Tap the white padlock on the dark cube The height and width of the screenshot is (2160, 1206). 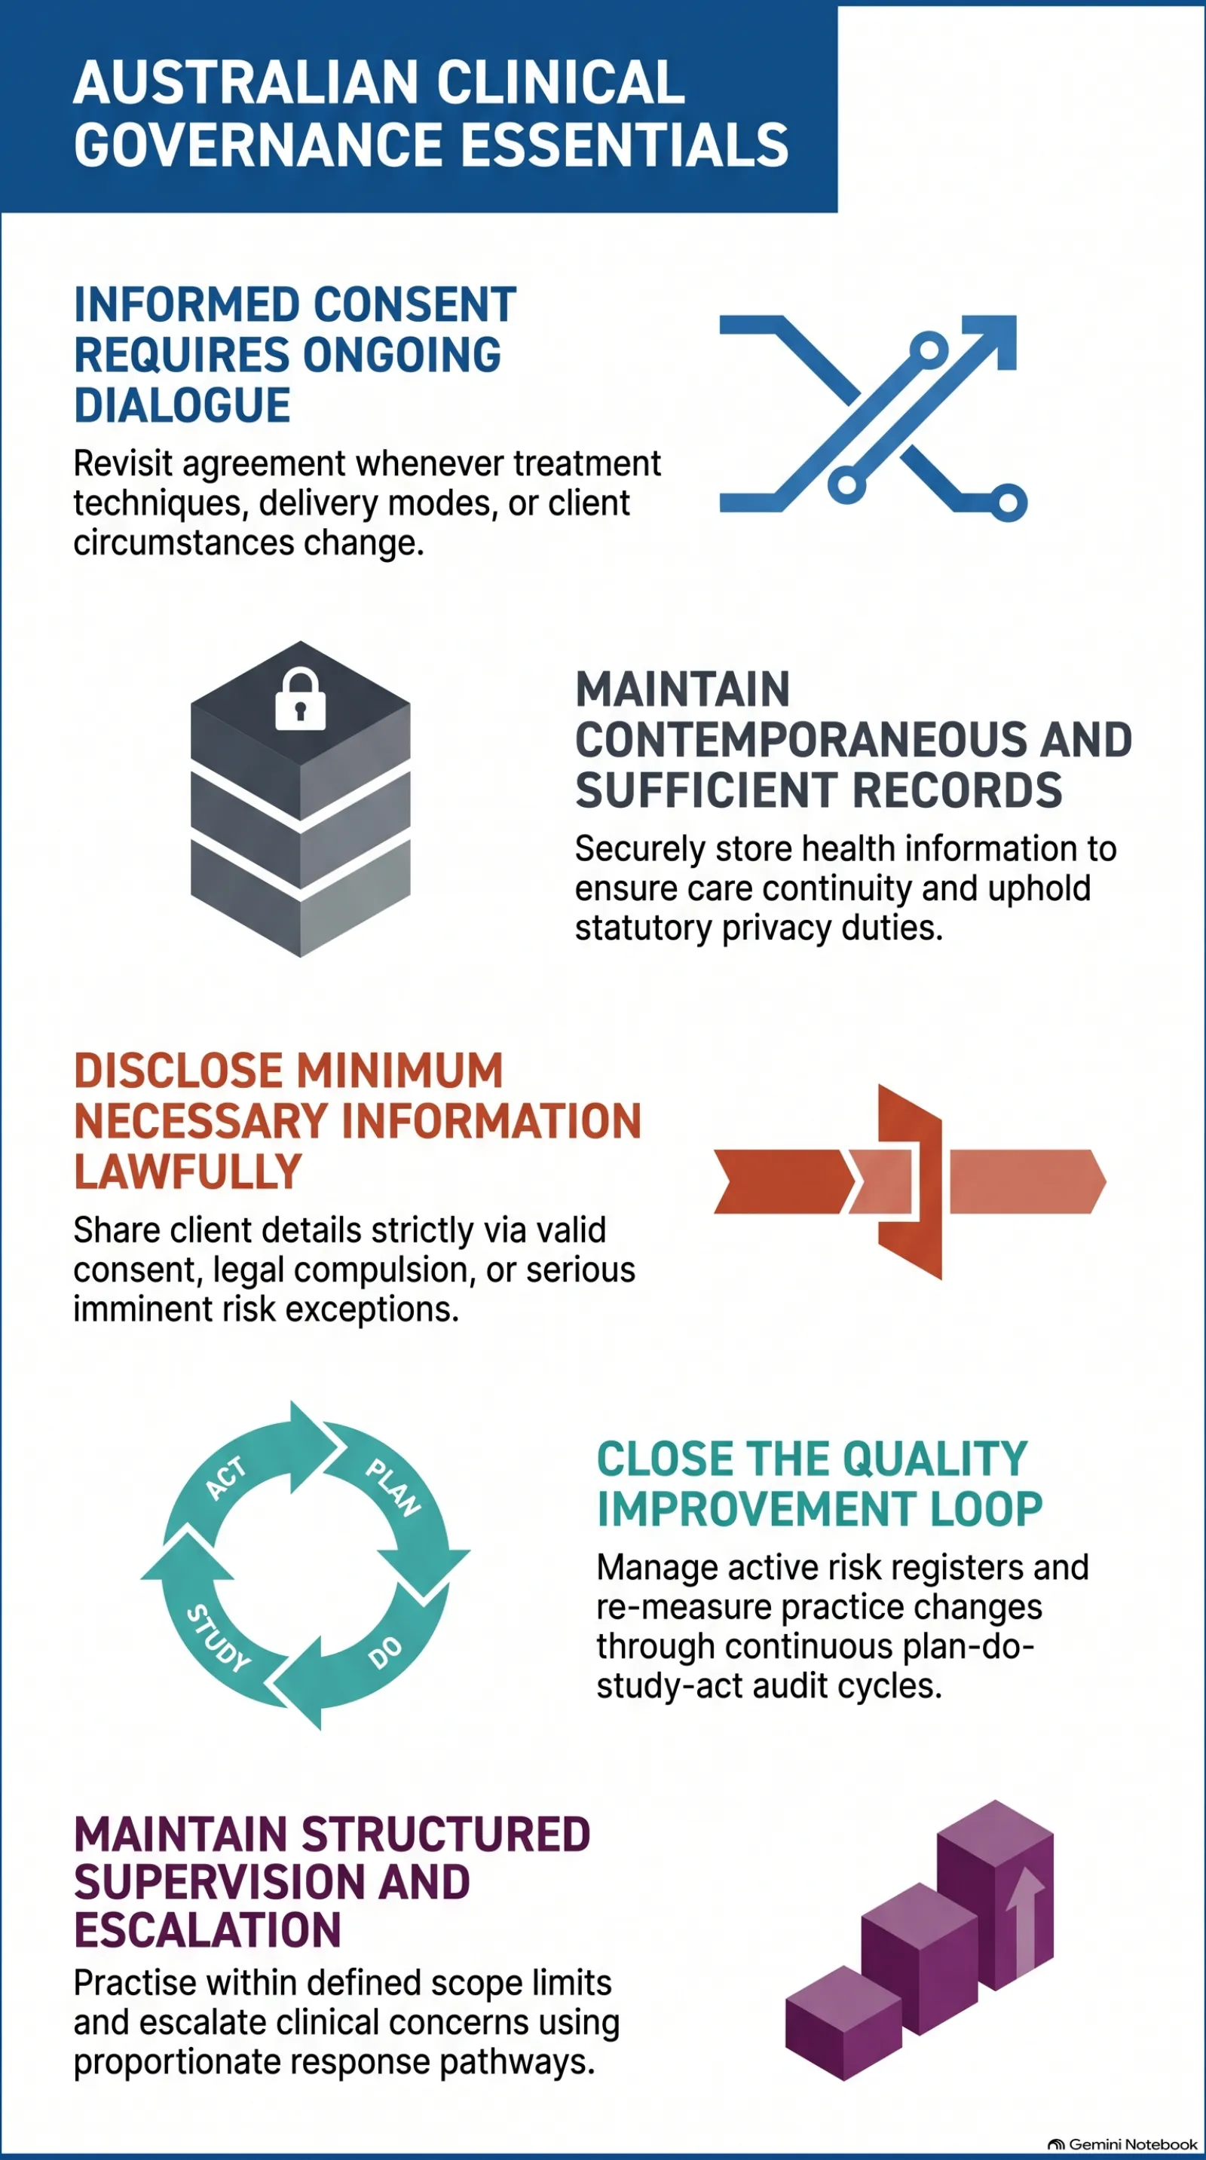point(300,698)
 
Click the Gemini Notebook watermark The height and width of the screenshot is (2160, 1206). point(1123,2143)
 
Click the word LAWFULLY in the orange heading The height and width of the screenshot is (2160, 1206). point(188,1172)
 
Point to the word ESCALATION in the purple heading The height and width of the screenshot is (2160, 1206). point(207,1929)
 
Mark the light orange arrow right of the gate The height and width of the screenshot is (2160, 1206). point(1027,1181)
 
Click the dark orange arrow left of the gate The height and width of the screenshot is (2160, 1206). point(783,1181)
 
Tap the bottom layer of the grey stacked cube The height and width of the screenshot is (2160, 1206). point(300,897)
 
